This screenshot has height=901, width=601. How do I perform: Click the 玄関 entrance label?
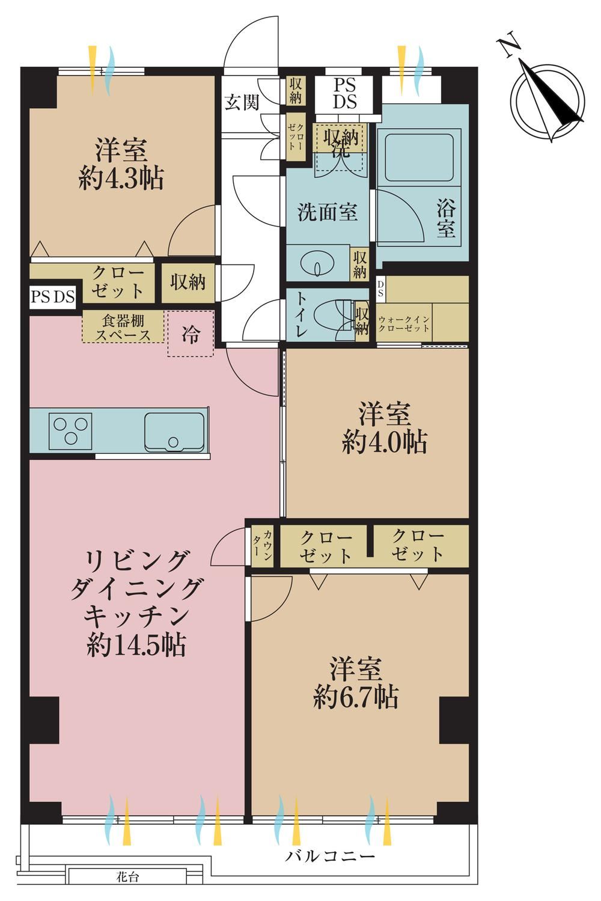pos(242,103)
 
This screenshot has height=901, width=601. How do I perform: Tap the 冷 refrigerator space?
pos(191,333)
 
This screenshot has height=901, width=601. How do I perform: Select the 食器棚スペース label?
pos(123,328)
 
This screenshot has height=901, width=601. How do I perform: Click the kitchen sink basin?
pos(174,432)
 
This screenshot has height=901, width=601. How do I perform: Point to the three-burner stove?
pos(70,431)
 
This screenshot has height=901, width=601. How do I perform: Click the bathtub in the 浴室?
pos(419,157)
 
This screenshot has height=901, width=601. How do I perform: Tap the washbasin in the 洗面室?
pos(318,263)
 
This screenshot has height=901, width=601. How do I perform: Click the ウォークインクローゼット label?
pos(403,323)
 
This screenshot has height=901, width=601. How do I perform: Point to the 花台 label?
pos(127,888)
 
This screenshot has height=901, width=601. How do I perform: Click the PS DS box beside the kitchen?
pos(53,297)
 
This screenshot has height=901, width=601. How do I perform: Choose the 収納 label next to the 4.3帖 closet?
pos(188,282)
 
